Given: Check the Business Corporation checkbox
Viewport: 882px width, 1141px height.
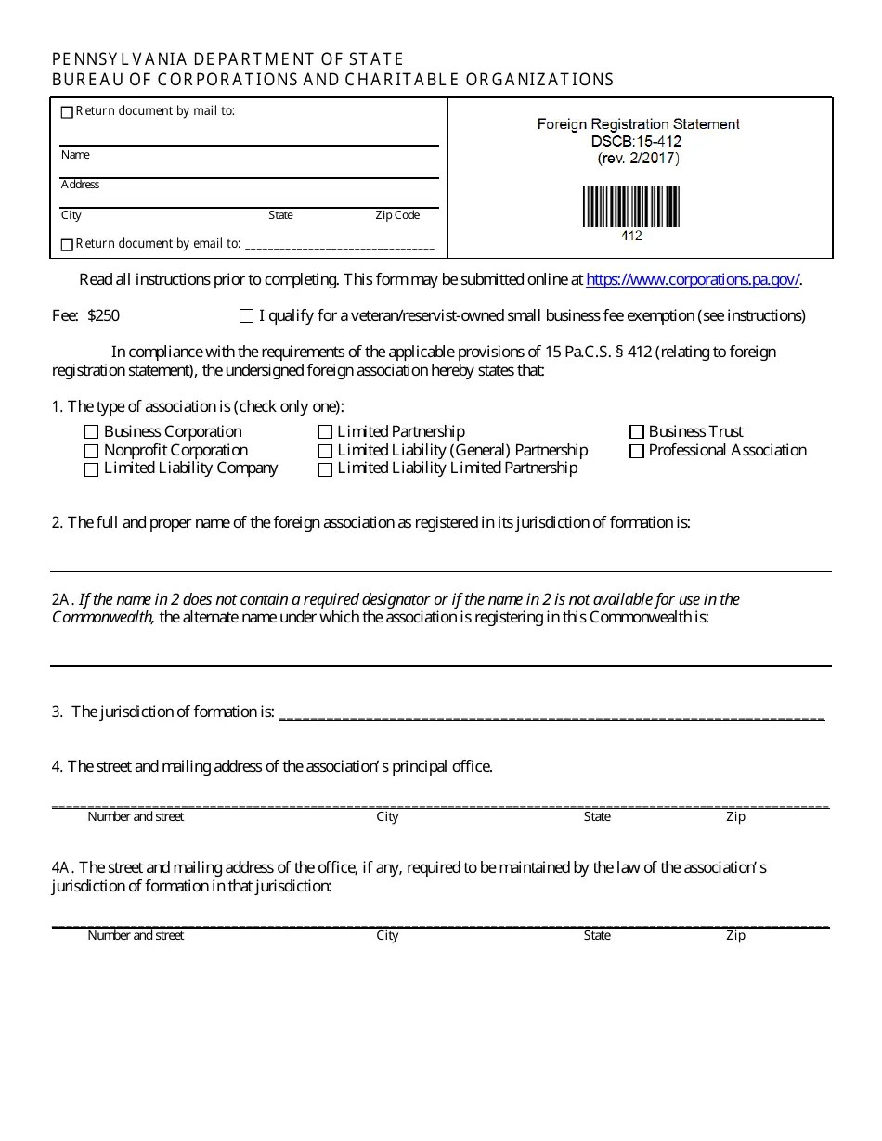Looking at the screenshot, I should coord(91,432).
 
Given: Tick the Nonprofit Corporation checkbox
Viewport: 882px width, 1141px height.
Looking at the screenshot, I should coord(91,451).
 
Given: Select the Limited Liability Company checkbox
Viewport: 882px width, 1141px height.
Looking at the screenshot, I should coord(91,469).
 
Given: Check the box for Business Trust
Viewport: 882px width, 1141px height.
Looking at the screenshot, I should coord(636,432).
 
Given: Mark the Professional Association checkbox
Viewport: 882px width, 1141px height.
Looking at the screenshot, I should coord(636,451).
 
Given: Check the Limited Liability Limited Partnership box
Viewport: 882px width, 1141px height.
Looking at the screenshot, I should coord(325,469).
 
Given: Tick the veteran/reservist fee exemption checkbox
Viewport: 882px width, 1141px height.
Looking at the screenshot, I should coord(246,316).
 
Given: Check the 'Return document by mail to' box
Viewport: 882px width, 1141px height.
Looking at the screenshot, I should coord(67,112).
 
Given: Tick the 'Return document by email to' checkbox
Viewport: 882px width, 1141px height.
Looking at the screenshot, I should coord(67,245).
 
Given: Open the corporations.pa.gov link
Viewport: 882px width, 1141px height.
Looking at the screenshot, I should coord(693,279).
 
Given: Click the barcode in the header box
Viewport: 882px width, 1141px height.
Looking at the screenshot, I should coord(631,207).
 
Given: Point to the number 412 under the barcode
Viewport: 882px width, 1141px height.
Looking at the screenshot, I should coord(631,236).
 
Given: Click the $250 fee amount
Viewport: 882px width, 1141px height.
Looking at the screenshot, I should coord(103,315).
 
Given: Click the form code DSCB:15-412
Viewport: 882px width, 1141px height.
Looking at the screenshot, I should coord(637,141).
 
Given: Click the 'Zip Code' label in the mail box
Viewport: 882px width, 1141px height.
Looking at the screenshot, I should coord(397,215).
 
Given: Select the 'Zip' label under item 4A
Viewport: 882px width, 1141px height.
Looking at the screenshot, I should coord(735,935).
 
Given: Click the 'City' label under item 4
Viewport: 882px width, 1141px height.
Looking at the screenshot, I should coord(387,816).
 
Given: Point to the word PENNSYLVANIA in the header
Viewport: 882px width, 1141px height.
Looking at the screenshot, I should coord(104,59).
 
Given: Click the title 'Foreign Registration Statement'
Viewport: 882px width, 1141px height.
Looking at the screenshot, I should coord(638,123).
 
